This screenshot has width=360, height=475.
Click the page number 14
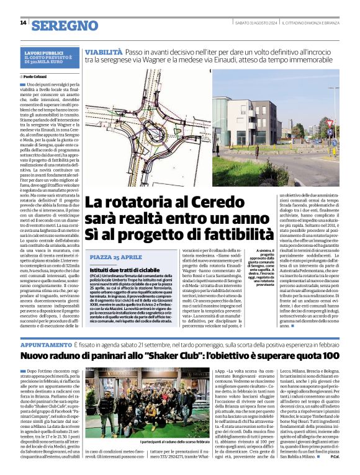23,23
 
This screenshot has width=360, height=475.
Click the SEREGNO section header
65,25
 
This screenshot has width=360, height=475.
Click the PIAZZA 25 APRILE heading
115,256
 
